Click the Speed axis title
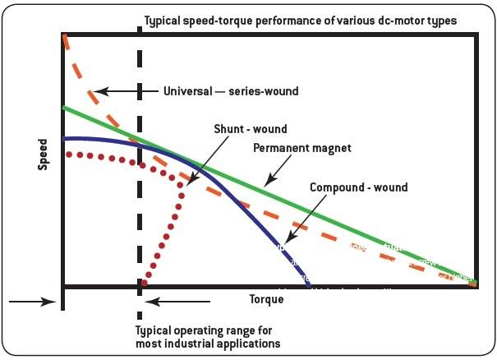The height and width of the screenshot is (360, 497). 44,154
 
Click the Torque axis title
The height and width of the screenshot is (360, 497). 266,299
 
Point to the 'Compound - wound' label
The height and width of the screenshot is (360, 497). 358,187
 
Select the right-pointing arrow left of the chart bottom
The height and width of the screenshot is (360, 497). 33,302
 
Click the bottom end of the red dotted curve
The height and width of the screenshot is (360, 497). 145,284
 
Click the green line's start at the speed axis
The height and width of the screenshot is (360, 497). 64,108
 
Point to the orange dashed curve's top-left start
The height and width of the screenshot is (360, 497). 65,37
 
